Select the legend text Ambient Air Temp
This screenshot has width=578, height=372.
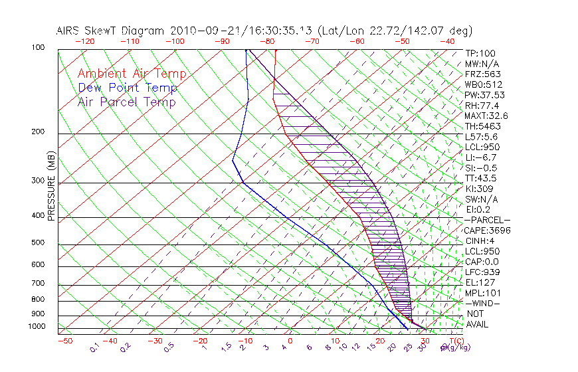(x=132, y=74)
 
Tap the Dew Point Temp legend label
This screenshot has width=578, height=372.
(x=128, y=88)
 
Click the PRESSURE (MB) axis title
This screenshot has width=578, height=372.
(x=51, y=185)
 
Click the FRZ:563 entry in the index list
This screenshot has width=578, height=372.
(x=483, y=74)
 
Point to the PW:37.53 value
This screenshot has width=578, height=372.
(x=485, y=95)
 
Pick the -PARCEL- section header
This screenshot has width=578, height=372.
(x=487, y=220)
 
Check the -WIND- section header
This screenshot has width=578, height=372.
(x=482, y=303)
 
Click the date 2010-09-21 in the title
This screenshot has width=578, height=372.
(x=199, y=31)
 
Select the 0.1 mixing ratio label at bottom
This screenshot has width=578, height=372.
(x=94, y=347)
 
